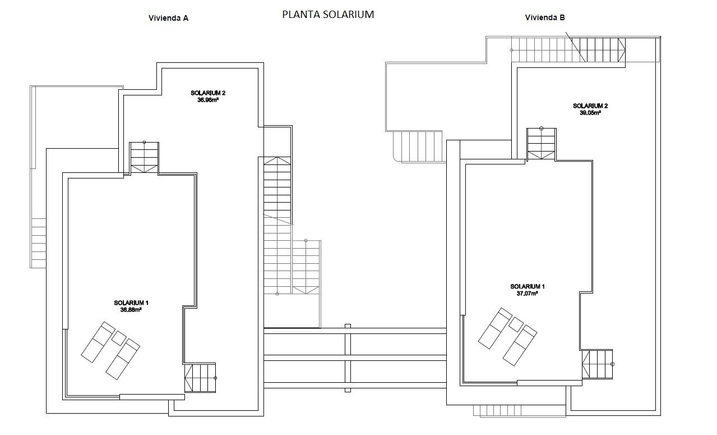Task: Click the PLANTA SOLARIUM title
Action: tap(328, 15)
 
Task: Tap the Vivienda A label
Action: tap(168, 18)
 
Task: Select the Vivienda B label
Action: tap(545, 17)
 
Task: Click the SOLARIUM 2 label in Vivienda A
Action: tap(208, 93)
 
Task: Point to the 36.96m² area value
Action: tap(208, 100)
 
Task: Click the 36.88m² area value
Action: tap(131, 309)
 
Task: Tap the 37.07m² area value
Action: tap(527, 293)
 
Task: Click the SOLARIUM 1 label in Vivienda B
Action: tap(527, 286)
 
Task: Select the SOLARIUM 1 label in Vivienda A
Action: tap(131, 303)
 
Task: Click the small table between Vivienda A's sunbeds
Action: tap(119, 338)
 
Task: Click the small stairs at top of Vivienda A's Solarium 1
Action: tap(144, 158)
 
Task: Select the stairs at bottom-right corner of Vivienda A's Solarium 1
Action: tap(200, 378)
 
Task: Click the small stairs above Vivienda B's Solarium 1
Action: tap(542, 144)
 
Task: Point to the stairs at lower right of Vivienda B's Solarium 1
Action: tap(597, 364)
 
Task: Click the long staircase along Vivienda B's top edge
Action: tap(568, 49)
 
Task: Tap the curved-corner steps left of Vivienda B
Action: tap(418, 146)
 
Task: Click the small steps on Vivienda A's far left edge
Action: tap(39, 242)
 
